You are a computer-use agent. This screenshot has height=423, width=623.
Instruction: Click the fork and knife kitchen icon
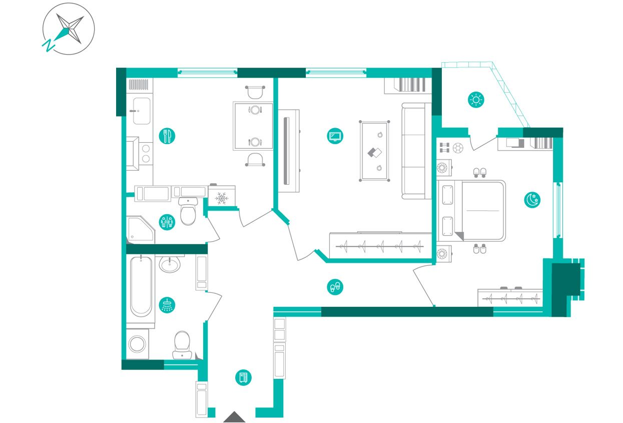click(167, 136)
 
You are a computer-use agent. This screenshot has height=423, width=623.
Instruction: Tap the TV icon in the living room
click(335, 136)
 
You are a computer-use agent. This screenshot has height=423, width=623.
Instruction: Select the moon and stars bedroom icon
click(532, 200)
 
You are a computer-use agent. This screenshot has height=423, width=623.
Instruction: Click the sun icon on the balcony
click(476, 100)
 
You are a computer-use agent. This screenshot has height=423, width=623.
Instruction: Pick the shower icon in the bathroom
click(167, 305)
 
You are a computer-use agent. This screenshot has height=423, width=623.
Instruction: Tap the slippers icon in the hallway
click(335, 287)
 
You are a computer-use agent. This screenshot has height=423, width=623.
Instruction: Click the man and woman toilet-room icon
click(167, 222)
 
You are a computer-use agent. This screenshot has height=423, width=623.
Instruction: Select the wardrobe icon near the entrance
click(243, 377)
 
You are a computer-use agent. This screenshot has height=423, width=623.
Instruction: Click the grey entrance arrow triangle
click(234, 417)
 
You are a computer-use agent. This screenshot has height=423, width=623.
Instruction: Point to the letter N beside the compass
click(49, 46)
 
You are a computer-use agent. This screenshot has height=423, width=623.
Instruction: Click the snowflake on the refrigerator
click(222, 198)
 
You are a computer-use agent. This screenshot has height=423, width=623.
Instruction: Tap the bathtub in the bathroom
click(141, 287)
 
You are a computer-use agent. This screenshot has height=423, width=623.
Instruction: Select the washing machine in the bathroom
click(137, 344)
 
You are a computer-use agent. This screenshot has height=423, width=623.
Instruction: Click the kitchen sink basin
click(142, 111)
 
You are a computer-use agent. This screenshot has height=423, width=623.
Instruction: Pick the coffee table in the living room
click(374, 151)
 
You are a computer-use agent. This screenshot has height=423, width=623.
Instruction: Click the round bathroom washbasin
click(170, 264)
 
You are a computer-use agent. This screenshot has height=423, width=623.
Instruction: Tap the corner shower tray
click(141, 230)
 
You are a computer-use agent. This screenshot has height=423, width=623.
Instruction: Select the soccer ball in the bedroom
click(458, 148)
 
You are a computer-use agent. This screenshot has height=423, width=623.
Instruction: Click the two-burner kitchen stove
click(146, 154)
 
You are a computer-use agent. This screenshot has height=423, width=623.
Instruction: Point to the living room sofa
click(416, 151)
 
